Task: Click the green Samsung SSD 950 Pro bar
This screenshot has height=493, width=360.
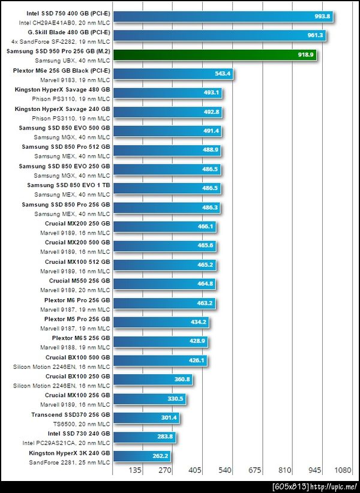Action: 213,55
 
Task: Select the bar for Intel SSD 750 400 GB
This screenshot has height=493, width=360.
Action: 222,16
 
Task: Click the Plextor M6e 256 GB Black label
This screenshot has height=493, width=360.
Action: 61,70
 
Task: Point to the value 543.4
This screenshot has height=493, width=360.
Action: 222,74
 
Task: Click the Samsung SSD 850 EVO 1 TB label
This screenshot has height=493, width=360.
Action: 68,185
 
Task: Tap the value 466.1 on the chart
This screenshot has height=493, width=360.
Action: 206,227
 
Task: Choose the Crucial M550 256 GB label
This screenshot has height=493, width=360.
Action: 79,281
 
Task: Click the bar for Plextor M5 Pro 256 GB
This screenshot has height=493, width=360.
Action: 160,322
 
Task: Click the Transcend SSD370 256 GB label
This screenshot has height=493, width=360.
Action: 71,414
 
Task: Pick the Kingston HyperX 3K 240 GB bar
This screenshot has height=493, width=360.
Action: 142,456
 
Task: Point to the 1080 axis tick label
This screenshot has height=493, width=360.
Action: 342,471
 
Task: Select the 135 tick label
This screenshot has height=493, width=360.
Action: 135,471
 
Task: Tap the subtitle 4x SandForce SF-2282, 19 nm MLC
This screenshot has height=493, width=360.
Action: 61,42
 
